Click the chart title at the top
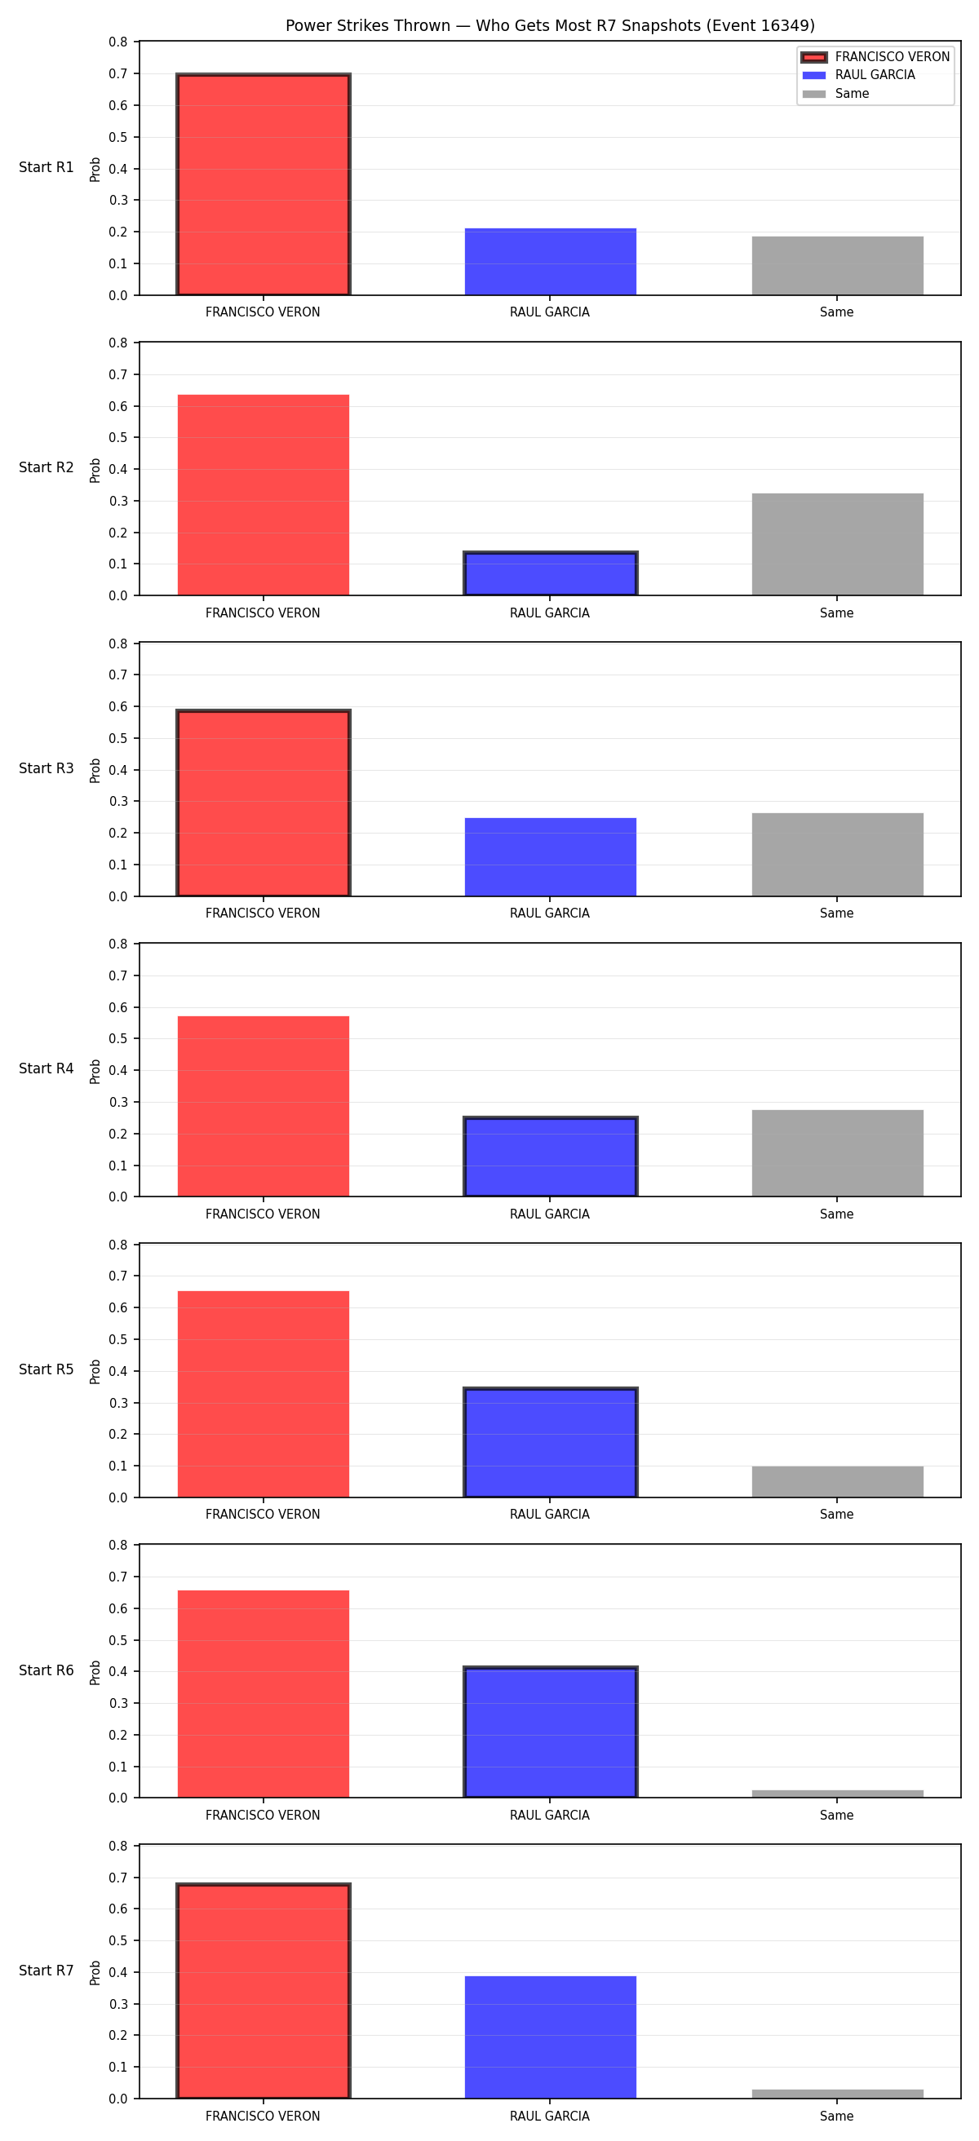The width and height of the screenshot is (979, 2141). click(549, 25)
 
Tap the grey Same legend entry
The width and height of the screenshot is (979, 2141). click(835, 94)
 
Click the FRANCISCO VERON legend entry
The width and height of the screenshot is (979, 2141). click(875, 56)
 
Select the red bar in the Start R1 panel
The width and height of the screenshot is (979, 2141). click(264, 184)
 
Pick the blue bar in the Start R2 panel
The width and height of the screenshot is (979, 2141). click(550, 573)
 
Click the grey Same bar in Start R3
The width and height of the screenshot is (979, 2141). click(837, 855)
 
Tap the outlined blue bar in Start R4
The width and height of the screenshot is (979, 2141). click(550, 1157)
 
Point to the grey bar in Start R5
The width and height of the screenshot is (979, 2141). click(837, 1482)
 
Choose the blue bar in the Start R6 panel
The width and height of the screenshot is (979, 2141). click(550, 1733)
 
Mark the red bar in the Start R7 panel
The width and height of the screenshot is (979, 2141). click(264, 1991)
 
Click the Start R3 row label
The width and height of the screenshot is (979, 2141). click(47, 769)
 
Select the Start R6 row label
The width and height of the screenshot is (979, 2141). click(47, 1670)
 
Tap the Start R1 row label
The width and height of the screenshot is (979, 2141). click(47, 167)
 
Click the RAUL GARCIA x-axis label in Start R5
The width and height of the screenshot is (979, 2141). click(549, 1515)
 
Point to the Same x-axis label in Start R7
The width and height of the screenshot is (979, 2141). click(837, 2116)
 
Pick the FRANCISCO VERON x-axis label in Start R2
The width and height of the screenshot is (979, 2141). click(263, 613)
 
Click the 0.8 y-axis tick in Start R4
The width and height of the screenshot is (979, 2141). click(119, 944)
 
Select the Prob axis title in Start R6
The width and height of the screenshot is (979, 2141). click(95, 1672)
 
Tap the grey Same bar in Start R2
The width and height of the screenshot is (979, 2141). click(837, 544)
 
